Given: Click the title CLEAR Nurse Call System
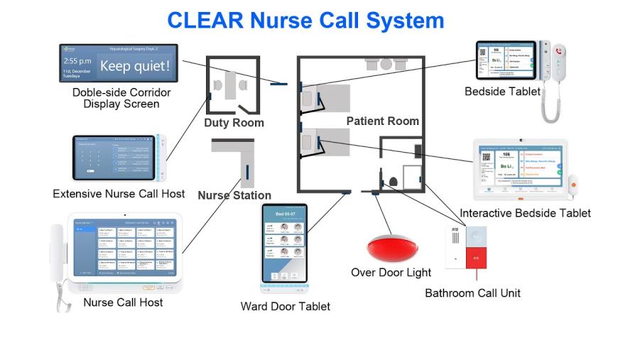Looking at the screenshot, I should pos(305,20).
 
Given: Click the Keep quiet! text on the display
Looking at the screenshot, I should pos(134,67).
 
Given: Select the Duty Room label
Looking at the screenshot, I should pos(234,123).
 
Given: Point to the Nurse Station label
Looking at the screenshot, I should pos(234,195).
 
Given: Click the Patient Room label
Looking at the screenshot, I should pos(382,121).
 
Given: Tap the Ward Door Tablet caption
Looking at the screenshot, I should pos(285,306).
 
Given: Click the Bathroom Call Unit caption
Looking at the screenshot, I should pos(472,293).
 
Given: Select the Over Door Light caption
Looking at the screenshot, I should pos(391,273).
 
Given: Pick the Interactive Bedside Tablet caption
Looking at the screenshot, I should pos(525,213).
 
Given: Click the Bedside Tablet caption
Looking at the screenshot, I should pos(502,92).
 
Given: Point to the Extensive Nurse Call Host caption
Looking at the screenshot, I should pos(119,193).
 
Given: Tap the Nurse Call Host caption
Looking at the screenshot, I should pos(123,302).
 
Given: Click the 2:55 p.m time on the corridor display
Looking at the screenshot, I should pos(76,61).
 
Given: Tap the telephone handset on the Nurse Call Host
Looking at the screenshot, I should pos(58,256).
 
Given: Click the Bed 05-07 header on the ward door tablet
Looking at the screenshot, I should pos(284,214).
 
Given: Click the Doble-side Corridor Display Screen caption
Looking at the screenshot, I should pos(121,98).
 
